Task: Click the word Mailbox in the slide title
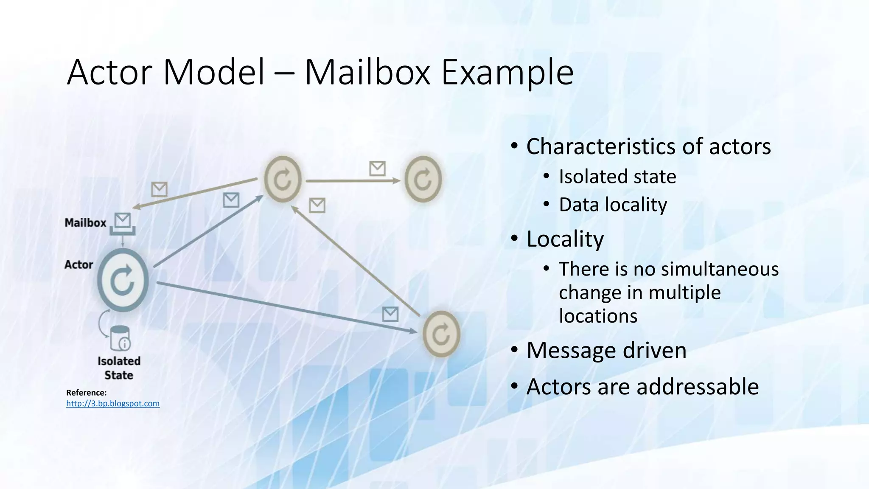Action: [367, 72]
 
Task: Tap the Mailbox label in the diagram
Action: [85, 223]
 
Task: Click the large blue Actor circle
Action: [123, 280]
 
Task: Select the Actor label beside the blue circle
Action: [78, 264]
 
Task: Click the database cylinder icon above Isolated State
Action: [120, 338]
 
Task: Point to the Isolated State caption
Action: [119, 368]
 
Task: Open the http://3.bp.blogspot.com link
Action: [113, 404]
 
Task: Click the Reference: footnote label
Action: [87, 393]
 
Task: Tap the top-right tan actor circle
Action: [423, 179]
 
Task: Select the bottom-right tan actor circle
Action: [441, 334]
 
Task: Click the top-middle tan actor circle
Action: [283, 179]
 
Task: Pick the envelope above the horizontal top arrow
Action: [377, 169]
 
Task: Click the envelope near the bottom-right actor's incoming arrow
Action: [390, 314]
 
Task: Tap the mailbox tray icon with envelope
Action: [123, 224]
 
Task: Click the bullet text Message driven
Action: [606, 351]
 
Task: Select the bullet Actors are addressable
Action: [642, 387]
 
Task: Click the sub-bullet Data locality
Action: [613, 205]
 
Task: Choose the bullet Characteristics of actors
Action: [648, 146]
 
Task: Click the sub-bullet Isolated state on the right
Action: [617, 177]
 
